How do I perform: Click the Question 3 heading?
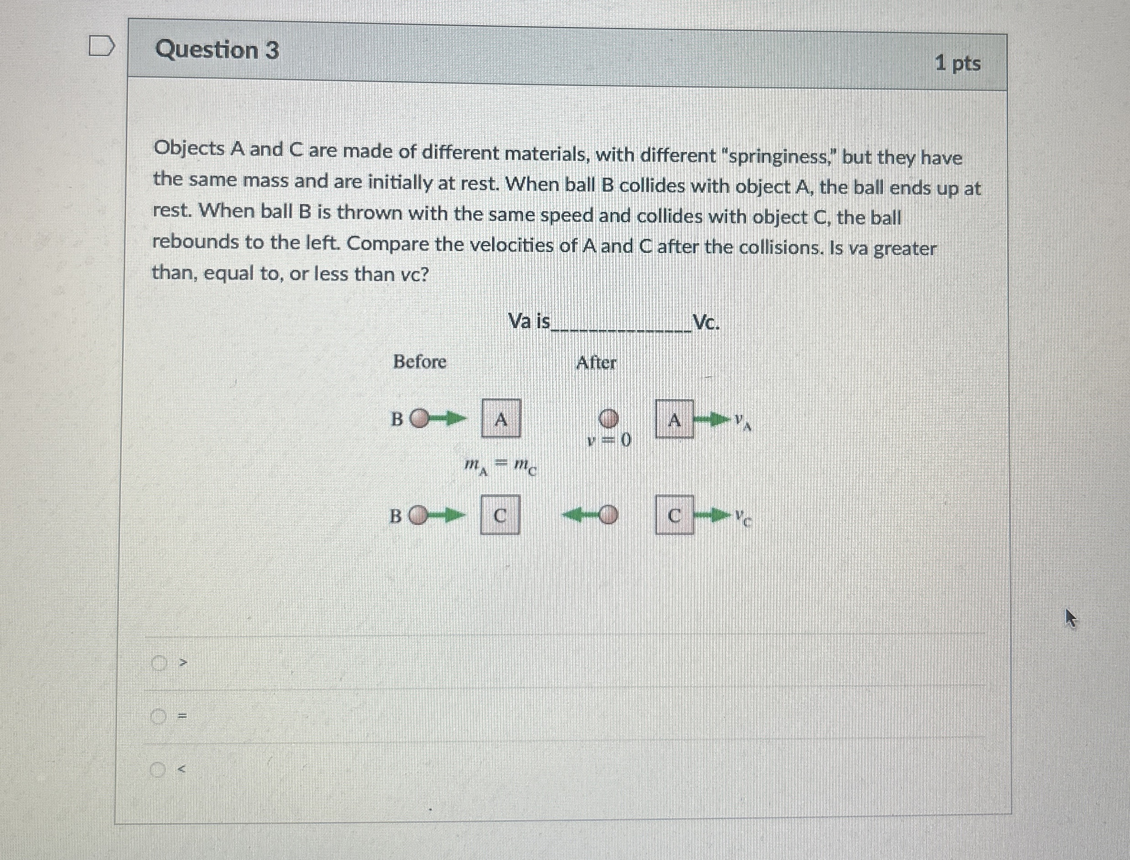(x=217, y=50)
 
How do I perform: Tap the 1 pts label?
(x=957, y=64)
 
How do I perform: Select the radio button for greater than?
(x=159, y=664)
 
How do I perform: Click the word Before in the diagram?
(x=419, y=362)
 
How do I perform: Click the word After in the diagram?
(x=596, y=363)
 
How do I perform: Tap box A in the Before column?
(x=501, y=419)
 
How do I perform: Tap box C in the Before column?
(x=500, y=515)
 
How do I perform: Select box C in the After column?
(x=675, y=515)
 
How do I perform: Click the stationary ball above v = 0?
(x=609, y=419)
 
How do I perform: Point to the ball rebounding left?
(x=608, y=514)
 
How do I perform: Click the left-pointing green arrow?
(x=580, y=514)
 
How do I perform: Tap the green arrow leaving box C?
(x=712, y=515)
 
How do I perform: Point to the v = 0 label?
(x=610, y=440)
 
